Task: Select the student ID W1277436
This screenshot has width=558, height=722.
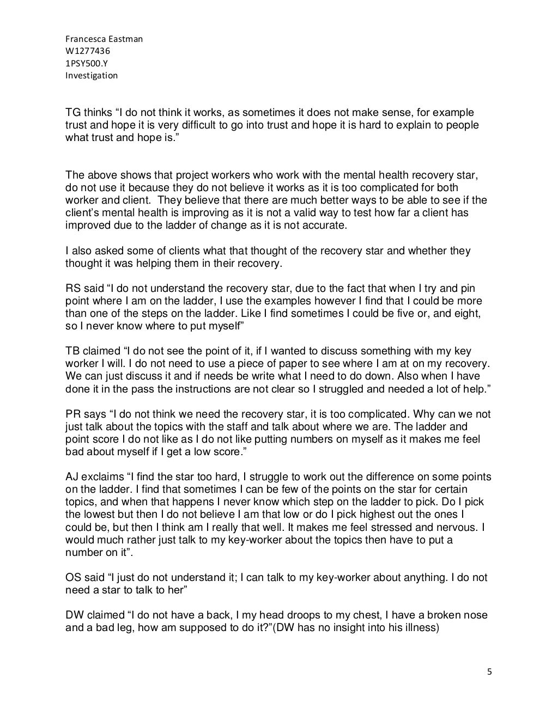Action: (83, 51)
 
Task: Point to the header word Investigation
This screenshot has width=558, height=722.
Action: (92, 75)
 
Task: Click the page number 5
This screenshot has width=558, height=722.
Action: (489, 671)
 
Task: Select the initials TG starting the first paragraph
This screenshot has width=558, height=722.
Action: (72, 113)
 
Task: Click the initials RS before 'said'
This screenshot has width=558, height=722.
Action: (73, 289)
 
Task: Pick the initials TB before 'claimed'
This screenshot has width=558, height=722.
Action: (72, 351)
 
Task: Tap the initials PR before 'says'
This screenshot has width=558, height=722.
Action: (73, 414)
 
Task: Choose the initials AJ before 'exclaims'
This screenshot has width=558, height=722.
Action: (72, 477)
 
